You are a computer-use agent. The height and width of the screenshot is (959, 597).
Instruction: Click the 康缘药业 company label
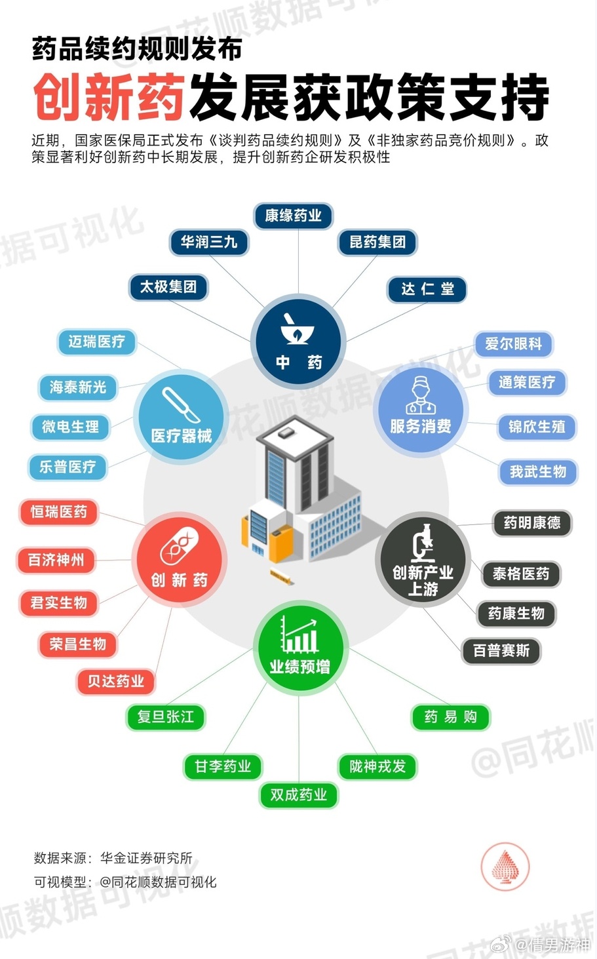pyautogui.click(x=293, y=216)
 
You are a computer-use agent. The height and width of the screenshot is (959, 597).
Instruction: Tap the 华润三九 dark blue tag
pyautogui.click(x=209, y=243)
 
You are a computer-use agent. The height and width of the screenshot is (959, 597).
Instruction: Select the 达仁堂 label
pyautogui.click(x=427, y=290)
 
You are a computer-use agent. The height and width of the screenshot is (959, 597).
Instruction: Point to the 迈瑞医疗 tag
pyautogui.click(x=97, y=342)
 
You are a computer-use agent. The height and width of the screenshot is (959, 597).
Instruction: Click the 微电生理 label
pyautogui.click(x=70, y=427)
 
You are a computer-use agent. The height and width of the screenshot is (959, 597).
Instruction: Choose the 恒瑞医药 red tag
pyautogui.click(x=58, y=512)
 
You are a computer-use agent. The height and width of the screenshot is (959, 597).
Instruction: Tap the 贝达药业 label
pyautogui.click(x=116, y=681)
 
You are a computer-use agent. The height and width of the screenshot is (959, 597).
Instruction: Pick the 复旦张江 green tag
pyautogui.click(x=166, y=716)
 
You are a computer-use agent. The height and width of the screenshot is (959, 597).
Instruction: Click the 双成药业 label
pyautogui.click(x=299, y=795)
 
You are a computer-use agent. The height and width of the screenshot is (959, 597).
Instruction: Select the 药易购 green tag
pyautogui.click(x=451, y=716)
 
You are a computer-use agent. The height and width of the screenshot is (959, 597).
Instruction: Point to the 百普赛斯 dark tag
pyautogui.click(x=501, y=651)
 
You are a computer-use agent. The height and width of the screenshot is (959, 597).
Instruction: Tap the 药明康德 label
pyautogui.click(x=532, y=522)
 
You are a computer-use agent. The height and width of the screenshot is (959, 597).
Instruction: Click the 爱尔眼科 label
pyautogui.click(x=514, y=343)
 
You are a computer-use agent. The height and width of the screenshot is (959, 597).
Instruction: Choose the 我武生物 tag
pyautogui.click(x=538, y=472)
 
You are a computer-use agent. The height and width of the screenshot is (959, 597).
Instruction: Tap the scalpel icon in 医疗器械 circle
pyautogui.click(x=181, y=404)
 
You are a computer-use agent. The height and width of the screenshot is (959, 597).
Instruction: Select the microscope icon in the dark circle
pyautogui.click(x=423, y=543)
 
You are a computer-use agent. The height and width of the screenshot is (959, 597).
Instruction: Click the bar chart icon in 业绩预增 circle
pyautogui.click(x=299, y=635)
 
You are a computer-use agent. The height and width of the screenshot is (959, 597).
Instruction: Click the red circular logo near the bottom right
pyautogui.click(x=505, y=867)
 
